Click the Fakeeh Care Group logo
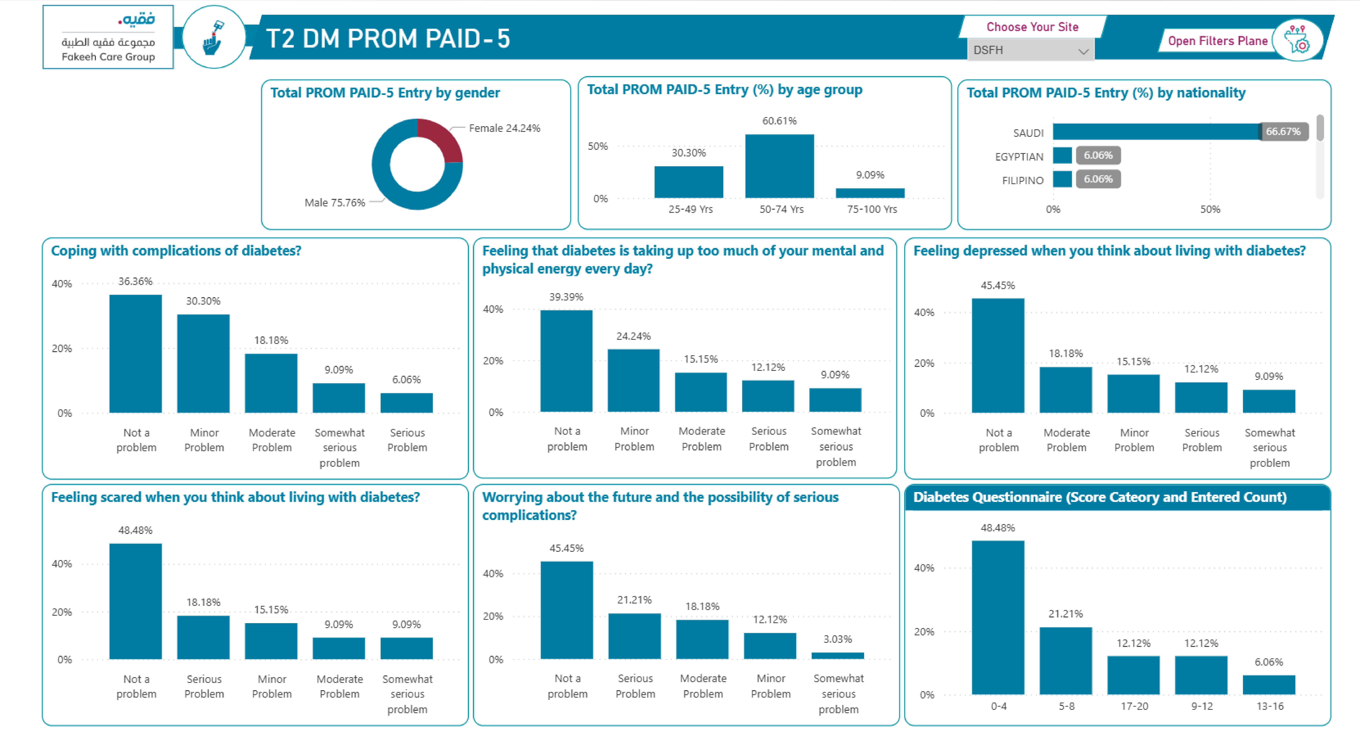108,37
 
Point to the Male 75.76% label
335,203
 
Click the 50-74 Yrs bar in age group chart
779,166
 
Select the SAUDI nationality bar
1156,131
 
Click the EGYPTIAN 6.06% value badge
1098,155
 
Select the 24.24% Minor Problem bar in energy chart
634,380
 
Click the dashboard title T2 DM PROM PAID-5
388,39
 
